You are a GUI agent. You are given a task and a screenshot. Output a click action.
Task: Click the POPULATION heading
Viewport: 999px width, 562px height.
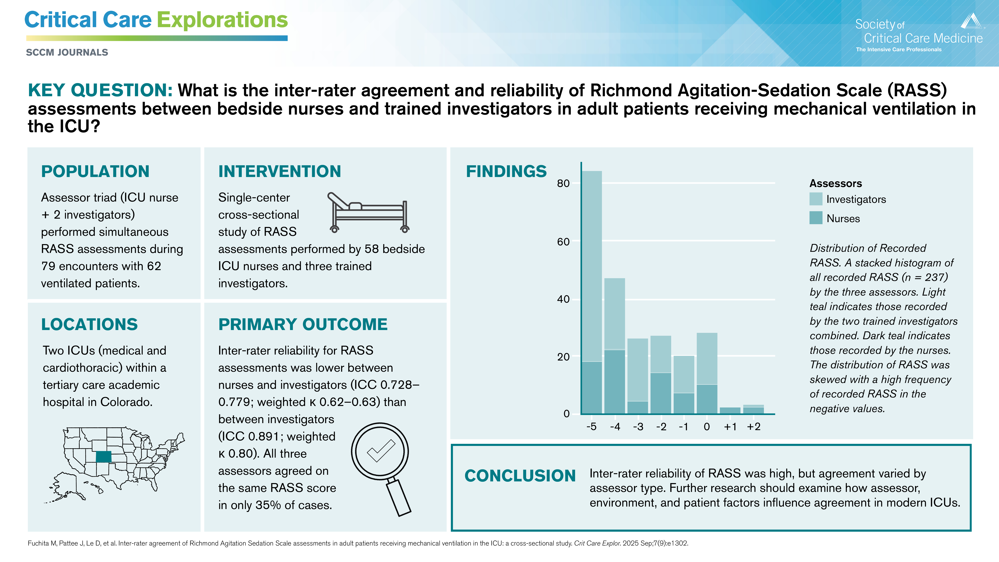pyautogui.click(x=95, y=172)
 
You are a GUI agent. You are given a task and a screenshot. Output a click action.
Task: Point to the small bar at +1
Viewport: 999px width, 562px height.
pyautogui.click(x=730, y=410)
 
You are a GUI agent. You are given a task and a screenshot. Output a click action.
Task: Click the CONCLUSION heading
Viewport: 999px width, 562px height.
pyautogui.click(x=520, y=476)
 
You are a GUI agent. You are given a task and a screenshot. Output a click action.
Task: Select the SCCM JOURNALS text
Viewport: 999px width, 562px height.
pyautogui.click(x=67, y=52)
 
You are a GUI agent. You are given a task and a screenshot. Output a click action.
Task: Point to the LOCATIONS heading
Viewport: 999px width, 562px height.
pyautogui.click(x=90, y=324)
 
